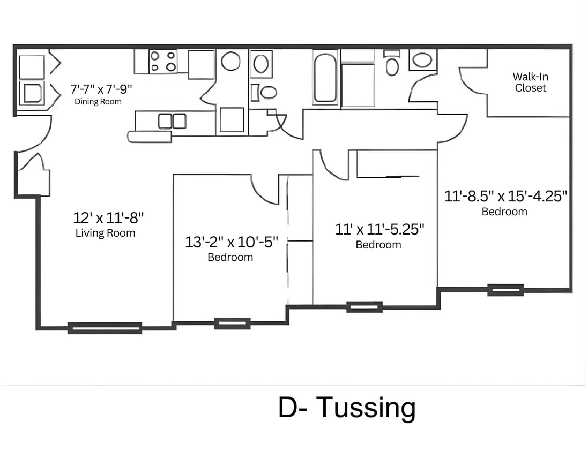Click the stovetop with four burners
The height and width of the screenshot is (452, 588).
163,61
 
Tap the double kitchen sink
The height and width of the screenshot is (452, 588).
172,121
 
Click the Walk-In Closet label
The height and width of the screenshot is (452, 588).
530,82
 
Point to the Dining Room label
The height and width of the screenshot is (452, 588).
98,102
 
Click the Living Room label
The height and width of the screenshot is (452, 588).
105,233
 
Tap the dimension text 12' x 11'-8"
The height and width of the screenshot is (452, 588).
108,218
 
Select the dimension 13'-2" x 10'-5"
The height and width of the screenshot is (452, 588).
232,242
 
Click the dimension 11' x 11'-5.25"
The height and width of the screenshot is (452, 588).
379,230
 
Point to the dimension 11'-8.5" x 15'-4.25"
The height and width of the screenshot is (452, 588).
505,197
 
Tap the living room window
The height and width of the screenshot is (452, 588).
105,328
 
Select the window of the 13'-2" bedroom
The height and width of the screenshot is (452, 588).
232,323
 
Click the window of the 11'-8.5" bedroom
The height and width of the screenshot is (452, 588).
505,290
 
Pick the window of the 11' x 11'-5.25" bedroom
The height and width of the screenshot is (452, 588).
364,307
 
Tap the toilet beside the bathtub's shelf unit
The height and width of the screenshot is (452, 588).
392,65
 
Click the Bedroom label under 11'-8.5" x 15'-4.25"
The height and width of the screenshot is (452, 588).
504,212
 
